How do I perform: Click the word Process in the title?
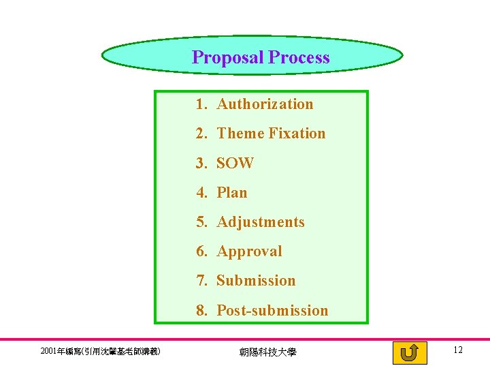pyautogui.click(x=299, y=57)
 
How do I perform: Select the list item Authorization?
pyautogui.click(x=265, y=104)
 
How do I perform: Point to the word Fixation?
pyautogui.click(x=297, y=134)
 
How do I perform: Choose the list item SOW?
pyautogui.click(x=235, y=164)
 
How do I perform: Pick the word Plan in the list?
pyautogui.click(x=232, y=193)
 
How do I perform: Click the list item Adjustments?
pyautogui.click(x=261, y=222)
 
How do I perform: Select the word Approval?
pyautogui.click(x=249, y=251)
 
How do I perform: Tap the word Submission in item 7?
pyautogui.click(x=256, y=281)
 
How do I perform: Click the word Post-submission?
pyautogui.click(x=272, y=311)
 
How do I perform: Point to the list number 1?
pyautogui.click(x=201, y=104)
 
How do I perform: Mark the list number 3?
pyautogui.click(x=201, y=164)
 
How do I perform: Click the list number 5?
pyautogui.click(x=201, y=222)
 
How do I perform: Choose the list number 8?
pyautogui.click(x=201, y=311)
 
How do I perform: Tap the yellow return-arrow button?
pyautogui.click(x=410, y=353)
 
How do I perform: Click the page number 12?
pyautogui.click(x=457, y=350)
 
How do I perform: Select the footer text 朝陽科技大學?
pyautogui.click(x=267, y=352)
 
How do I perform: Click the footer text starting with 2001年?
pyautogui.click(x=100, y=352)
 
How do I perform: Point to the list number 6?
pyautogui.click(x=201, y=251)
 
